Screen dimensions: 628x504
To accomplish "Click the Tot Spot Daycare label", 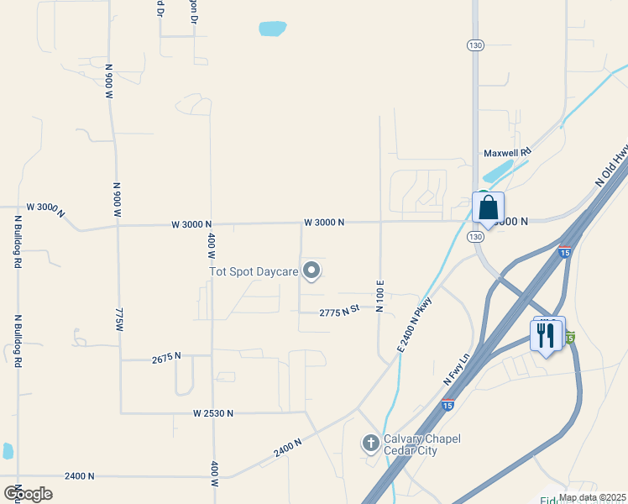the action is (254, 270).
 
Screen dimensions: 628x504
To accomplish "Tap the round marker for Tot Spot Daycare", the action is (312, 270).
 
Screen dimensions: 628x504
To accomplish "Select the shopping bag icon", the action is (488, 207).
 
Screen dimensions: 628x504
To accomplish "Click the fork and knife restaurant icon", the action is (547, 335).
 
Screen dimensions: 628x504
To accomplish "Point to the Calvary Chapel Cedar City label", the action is (411, 444).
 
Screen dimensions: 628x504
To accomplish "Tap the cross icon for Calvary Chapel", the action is (370, 442).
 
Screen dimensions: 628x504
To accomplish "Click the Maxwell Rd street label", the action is (508, 153).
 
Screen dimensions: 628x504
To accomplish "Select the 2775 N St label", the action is (339, 310).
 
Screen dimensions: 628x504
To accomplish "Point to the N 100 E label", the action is (380, 297).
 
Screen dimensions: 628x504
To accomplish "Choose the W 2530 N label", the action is (212, 413).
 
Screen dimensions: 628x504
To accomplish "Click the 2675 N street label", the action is (166, 357).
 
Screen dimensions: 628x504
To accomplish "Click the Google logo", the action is (29, 493).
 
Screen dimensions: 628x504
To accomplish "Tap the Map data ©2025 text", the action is (592, 497).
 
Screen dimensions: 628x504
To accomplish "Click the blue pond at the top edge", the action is (273, 29).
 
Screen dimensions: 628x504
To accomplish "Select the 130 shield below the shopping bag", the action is (476, 238).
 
